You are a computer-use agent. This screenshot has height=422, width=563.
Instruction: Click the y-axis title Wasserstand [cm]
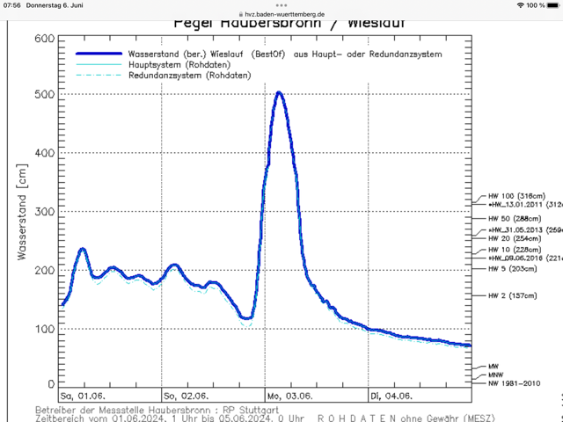[19, 212]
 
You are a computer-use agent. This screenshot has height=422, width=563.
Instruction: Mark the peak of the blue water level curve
[278, 92]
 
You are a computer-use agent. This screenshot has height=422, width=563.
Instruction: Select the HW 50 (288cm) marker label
[515, 217]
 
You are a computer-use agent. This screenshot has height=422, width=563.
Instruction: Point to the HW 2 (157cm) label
[513, 295]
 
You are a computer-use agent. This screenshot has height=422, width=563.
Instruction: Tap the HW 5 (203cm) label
[513, 269]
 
